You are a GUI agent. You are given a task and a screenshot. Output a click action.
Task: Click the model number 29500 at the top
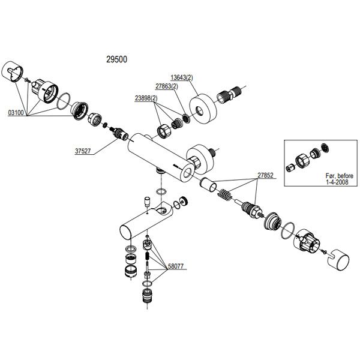click(x=116, y=59)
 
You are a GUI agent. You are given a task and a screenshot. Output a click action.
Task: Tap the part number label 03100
click(x=16, y=113)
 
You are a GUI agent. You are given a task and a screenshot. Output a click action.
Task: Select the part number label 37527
click(x=83, y=151)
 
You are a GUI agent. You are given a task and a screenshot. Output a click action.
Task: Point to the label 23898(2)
click(x=146, y=98)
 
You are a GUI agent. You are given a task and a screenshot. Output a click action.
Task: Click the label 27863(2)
click(x=167, y=86)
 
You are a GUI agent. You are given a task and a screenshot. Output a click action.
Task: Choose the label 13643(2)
click(x=182, y=77)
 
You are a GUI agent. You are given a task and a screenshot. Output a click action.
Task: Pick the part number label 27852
click(x=265, y=175)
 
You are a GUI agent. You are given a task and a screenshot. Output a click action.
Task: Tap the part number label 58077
click(x=176, y=266)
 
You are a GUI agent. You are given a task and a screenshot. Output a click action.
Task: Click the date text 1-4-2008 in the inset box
click(x=337, y=182)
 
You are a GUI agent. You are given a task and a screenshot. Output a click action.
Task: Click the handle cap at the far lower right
click(x=337, y=259)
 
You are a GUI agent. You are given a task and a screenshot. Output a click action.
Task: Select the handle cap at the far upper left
click(x=13, y=71)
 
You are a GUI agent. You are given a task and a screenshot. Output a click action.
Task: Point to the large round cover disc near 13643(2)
click(x=203, y=109)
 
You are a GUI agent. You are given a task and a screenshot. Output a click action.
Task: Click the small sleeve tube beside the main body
click(x=208, y=184)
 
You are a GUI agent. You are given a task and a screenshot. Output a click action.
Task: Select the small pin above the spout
click(x=146, y=202)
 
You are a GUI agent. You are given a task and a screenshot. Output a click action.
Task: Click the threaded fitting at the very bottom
click(x=147, y=296)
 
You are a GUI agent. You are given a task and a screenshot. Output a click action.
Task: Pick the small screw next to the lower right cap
click(x=324, y=251)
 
